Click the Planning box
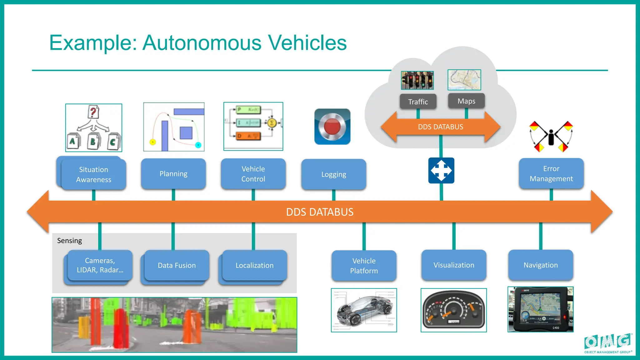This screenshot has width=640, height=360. (x=173, y=174)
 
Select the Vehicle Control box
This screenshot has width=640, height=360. (x=253, y=174)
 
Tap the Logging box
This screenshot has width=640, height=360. (x=333, y=174)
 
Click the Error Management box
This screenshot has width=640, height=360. (x=551, y=173)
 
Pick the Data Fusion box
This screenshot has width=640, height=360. (x=177, y=265)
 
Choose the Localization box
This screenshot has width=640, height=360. (x=254, y=265)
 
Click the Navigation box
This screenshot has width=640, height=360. (x=541, y=265)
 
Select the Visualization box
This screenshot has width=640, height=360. (x=454, y=265)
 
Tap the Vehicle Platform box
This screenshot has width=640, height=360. (x=364, y=266)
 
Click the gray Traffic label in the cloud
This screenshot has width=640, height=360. (x=418, y=102)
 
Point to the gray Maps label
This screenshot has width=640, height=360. (x=466, y=101)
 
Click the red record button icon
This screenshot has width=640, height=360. (x=332, y=127)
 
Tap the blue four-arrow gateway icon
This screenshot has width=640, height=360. (x=441, y=170)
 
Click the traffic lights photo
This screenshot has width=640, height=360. (x=417, y=80)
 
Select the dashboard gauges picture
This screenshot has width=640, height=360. (x=453, y=310)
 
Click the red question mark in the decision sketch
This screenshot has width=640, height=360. (x=93, y=112)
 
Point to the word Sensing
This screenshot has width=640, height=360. (x=69, y=241)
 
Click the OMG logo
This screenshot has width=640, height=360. (x=608, y=342)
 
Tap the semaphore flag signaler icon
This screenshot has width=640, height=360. (x=551, y=137)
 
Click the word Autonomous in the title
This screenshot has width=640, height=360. (x=202, y=43)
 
